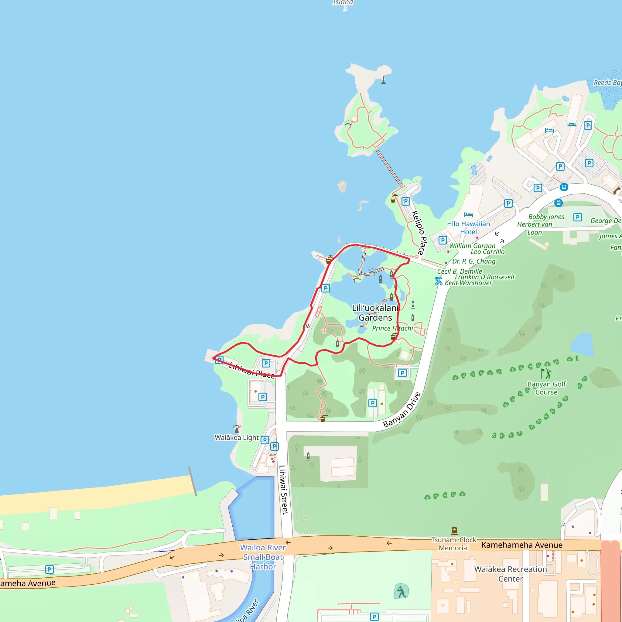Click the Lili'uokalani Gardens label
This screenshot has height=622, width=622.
click(375, 313)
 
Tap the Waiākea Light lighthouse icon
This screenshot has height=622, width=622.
click(237, 429)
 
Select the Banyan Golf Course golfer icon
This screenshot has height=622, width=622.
click(546, 374)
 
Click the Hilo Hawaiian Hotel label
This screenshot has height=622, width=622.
click(468, 227)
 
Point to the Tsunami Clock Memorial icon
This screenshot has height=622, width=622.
click(454, 530)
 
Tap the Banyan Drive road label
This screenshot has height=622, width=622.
click(402, 410)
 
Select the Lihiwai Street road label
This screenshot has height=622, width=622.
click(283, 490)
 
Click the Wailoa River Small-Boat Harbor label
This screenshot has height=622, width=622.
click(263, 557)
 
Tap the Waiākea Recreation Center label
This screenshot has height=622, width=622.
click(510, 574)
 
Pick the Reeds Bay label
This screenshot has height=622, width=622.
click(607, 83)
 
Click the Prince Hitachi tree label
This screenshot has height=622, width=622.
click(392, 328)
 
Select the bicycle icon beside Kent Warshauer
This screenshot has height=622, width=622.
click(439, 281)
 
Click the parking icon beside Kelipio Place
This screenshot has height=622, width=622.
click(406, 202)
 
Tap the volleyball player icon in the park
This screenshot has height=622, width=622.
click(401, 591)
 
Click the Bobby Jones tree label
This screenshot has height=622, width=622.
click(546, 217)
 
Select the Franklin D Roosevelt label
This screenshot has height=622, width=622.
click(484, 277)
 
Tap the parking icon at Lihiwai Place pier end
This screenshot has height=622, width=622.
click(219, 360)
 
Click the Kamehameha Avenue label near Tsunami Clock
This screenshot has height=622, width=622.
click(521, 545)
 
